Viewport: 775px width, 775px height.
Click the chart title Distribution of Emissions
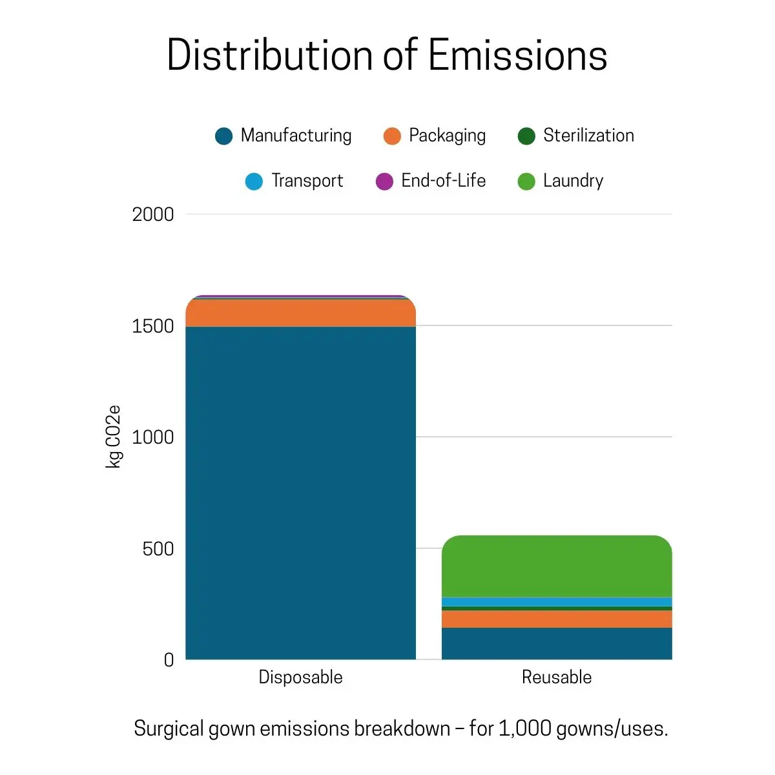pos(387,55)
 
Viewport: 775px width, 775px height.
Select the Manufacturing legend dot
pos(223,136)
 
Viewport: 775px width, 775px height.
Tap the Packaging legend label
pos(447,136)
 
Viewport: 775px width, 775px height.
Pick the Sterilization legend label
pos(588,136)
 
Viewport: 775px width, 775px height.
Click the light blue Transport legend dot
pos(254,181)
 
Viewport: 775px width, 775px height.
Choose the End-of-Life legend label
pos(443,181)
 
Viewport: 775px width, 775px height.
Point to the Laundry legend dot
pos(526,181)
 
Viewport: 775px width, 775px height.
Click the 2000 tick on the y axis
pos(153,214)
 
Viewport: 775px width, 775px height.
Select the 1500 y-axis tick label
pos(153,326)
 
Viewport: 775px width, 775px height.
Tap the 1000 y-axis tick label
pos(153,437)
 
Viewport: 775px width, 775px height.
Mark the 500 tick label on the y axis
pos(158,549)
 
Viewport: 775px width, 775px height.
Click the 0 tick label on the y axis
pos(169,660)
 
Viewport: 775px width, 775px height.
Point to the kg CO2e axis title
pos(114,437)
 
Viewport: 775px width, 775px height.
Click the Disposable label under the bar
pos(300,677)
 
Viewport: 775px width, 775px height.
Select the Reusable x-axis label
pos(557,677)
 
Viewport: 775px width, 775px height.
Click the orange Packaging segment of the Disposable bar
pos(300,313)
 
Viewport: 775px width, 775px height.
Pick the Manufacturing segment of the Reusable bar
pos(557,643)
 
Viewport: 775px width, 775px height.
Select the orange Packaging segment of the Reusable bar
pos(557,619)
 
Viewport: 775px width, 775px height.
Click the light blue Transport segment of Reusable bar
pos(557,602)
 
